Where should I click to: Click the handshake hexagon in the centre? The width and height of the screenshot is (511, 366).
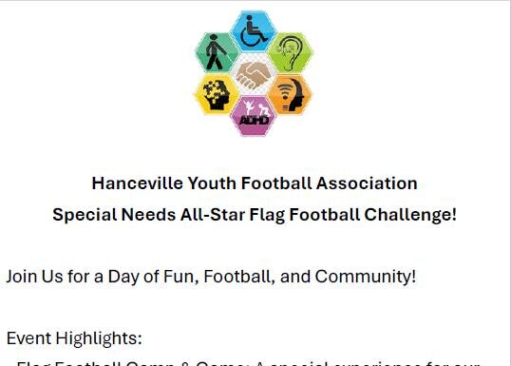[x=254, y=73]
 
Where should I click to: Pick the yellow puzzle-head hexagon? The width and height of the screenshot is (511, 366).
[x=217, y=94]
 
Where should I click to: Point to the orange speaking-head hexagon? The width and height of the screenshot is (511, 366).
[x=289, y=94]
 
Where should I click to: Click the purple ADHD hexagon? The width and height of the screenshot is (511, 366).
[x=254, y=115]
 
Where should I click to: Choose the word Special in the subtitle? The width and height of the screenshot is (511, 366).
[x=83, y=214]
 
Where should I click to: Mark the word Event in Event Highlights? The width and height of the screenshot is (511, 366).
[x=27, y=337]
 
